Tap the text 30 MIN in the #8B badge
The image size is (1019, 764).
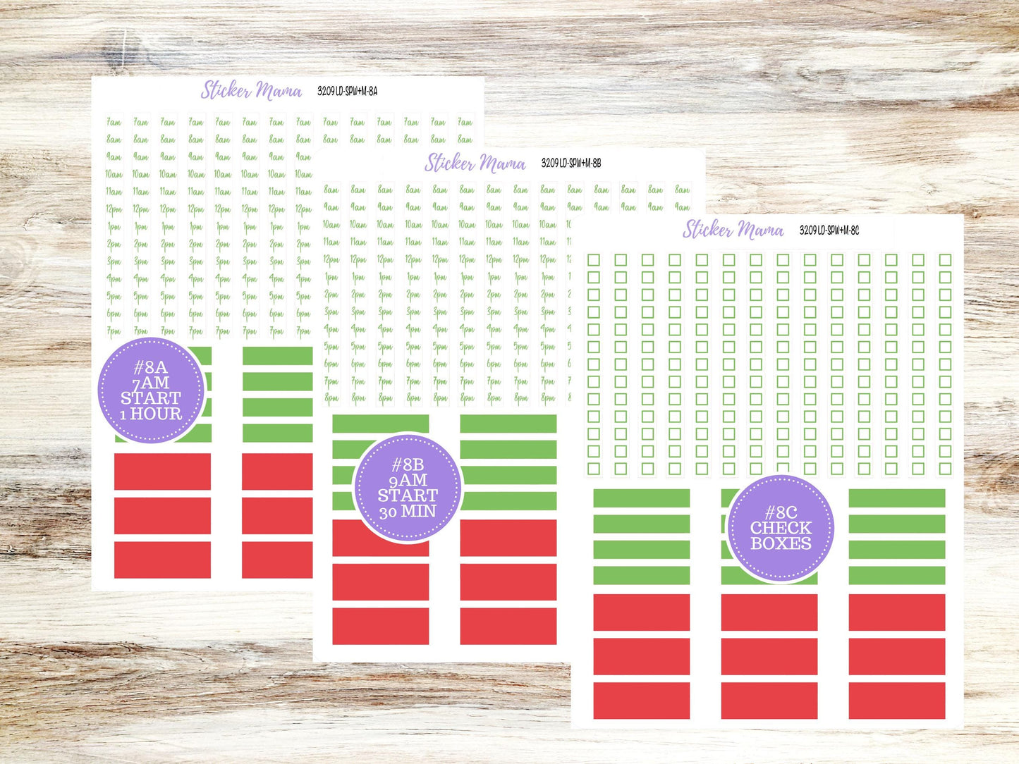(408, 512)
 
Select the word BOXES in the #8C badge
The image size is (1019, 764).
(781, 543)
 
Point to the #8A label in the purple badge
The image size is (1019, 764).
(150, 367)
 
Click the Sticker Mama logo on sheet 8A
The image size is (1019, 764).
(251, 90)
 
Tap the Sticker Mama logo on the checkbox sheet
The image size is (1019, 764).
(733, 230)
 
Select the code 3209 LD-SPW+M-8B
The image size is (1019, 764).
(570, 164)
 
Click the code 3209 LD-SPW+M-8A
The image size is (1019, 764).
(347, 91)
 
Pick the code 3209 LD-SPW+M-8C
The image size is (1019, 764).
(829, 230)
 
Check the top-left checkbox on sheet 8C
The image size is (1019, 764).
(594, 260)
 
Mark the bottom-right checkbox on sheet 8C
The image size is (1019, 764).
(945, 468)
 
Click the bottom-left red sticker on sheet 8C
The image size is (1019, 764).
(641, 701)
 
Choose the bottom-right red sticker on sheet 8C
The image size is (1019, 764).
(896, 701)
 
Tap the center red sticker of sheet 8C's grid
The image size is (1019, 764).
(769, 656)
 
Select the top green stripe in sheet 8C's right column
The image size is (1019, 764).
(896, 498)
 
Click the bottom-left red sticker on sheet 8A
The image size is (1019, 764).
(162, 560)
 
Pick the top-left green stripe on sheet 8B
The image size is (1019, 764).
(380, 424)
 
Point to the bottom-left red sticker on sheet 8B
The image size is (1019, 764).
(380, 626)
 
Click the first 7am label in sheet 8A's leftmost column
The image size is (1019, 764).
(114, 123)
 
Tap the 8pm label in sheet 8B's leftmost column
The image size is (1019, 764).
(331, 398)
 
